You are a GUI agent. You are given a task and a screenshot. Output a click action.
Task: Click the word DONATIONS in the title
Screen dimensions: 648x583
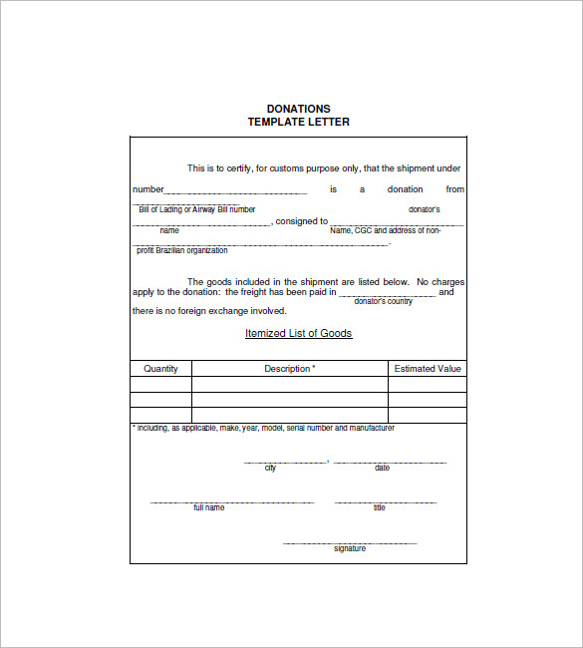click(x=299, y=109)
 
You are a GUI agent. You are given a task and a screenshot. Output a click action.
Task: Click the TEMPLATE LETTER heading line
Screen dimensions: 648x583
click(x=299, y=122)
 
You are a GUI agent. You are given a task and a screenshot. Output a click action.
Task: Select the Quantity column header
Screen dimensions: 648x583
click(x=160, y=369)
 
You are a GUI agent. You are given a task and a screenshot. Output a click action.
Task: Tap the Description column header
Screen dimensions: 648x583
click(x=289, y=369)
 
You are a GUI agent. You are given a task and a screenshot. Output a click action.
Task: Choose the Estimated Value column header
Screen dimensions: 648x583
click(x=428, y=369)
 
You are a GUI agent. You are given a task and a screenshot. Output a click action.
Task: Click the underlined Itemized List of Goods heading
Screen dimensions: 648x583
click(x=299, y=334)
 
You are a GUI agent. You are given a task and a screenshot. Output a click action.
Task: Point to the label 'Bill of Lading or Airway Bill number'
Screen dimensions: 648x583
click(x=196, y=209)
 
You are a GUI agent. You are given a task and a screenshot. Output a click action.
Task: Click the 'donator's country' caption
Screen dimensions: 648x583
click(x=384, y=301)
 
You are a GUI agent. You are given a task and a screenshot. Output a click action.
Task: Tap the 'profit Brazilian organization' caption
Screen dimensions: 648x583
click(x=181, y=250)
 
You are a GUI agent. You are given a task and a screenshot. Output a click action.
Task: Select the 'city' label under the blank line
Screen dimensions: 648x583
click(x=270, y=469)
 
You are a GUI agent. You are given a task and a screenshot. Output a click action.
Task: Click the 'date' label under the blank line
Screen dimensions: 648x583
click(x=382, y=469)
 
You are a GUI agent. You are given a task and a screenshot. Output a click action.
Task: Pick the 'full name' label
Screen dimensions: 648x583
click(x=209, y=508)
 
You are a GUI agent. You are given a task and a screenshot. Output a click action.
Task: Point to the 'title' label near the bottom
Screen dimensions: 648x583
click(x=379, y=508)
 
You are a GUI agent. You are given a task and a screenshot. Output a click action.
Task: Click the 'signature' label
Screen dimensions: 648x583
click(x=350, y=548)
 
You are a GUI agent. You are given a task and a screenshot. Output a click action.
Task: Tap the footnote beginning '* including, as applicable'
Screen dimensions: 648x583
click(x=263, y=428)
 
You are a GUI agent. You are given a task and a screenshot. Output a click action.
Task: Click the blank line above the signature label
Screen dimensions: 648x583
click(x=350, y=542)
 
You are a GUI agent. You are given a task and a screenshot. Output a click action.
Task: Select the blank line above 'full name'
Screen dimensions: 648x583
click(x=232, y=502)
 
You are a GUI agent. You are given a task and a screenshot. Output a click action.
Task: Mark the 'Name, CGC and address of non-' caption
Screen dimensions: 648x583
click(x=385, y=230)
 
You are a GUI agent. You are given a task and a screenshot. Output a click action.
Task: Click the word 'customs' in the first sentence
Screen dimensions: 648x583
click(x=274, y=168)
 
